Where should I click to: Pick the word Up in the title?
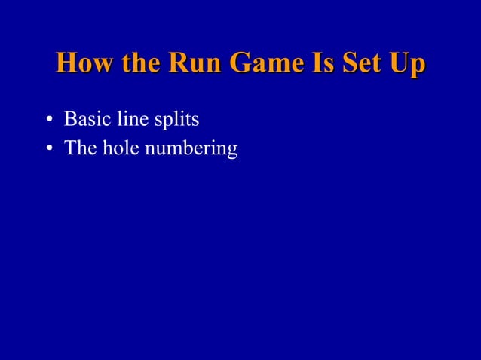pyautogui.click(x=408, y=64)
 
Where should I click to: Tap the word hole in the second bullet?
pyautogui.click(x=118, y=148)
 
